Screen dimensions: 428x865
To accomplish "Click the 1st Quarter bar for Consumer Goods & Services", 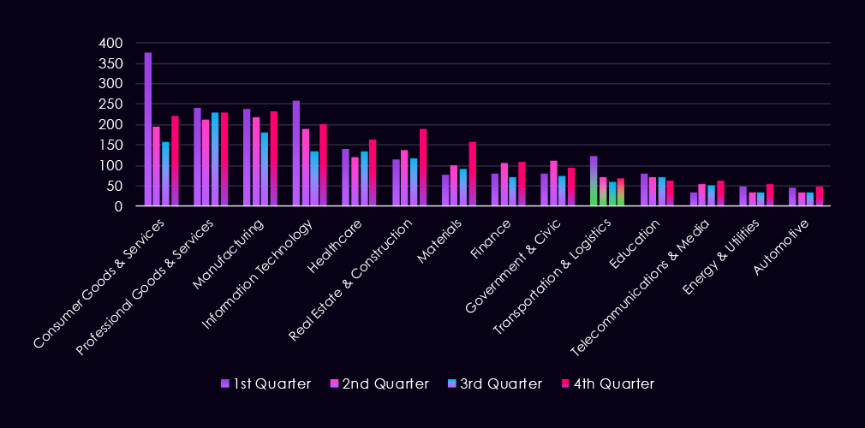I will [x=148, y=129].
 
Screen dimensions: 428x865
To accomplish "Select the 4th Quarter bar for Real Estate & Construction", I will [x=423, y=168].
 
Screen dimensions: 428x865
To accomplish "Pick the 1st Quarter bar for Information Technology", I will [x=296, y=153].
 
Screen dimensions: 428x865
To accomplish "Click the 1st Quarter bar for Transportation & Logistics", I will [x=594, y=181].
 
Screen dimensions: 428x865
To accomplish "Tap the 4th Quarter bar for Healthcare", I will [x=373, y=173].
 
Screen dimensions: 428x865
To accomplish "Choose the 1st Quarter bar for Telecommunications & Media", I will [x=693, y=199].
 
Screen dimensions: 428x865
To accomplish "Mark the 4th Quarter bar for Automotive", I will [x=819, y=196].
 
